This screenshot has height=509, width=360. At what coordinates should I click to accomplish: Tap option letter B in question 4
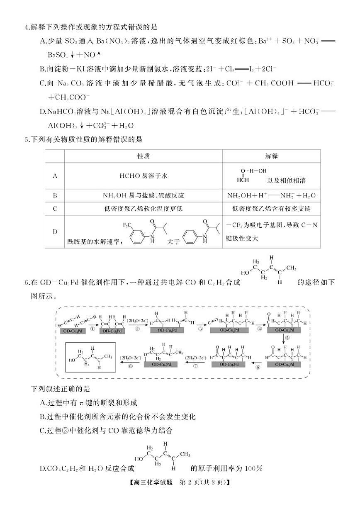(42, 68)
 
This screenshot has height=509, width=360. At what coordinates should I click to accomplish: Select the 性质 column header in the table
(143, 156)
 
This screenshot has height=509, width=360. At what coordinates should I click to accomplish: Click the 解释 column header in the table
(271, 156)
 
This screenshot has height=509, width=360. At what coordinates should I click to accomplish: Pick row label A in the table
(55, 176)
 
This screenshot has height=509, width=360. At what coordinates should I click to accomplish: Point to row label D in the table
(55, 231)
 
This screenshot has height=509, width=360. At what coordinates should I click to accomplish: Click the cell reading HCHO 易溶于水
(143, 176)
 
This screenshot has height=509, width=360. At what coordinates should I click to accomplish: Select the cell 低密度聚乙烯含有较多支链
(271, 209)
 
